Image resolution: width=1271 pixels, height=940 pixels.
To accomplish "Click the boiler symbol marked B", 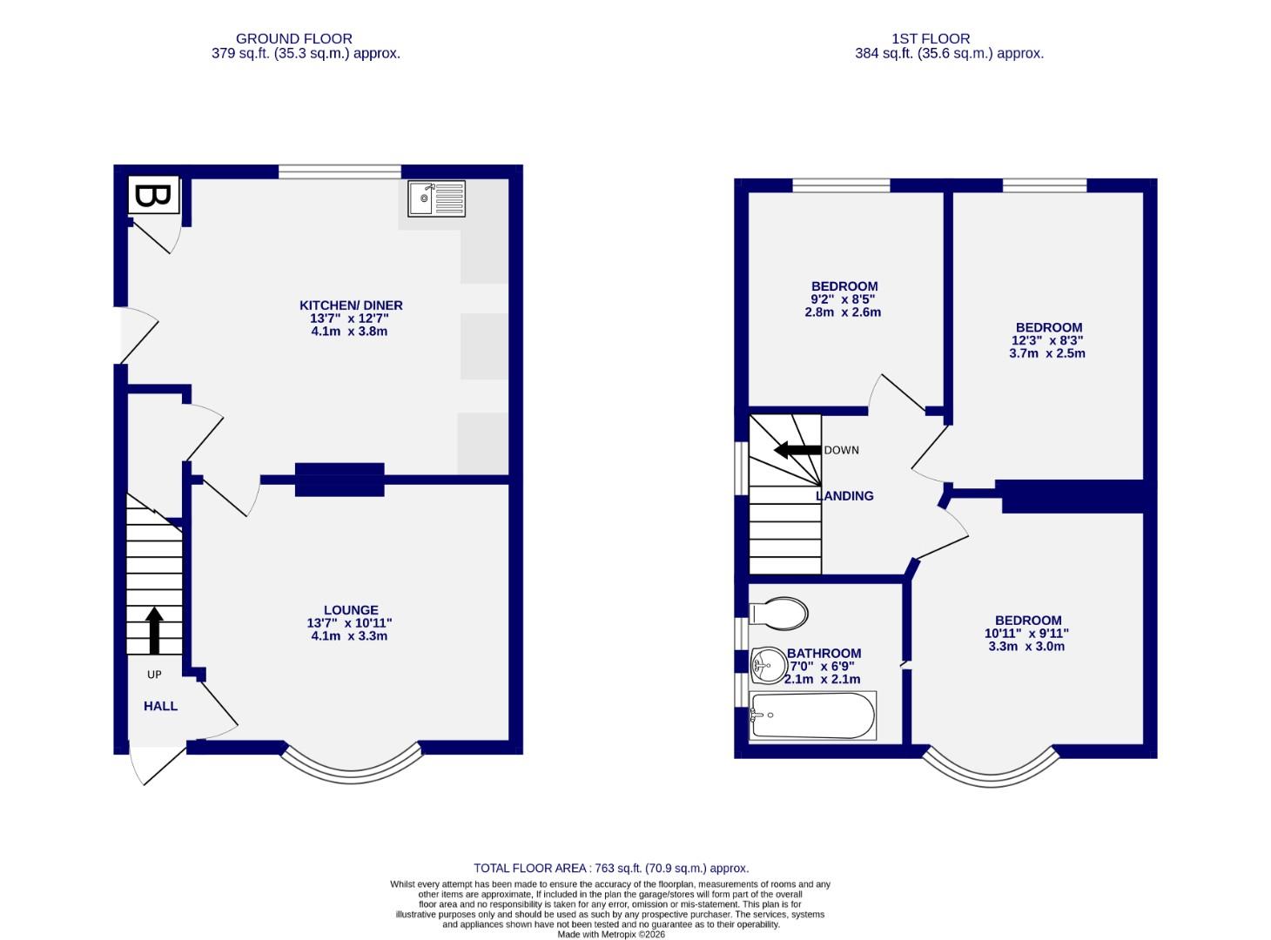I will [x=154, y=196].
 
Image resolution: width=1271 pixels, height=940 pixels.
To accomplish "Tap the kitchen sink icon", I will [x=436, y=198].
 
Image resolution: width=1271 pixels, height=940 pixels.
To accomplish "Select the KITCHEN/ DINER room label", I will [x=351, y=305].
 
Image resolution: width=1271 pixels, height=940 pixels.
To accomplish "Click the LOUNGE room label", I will [x=351, y=610].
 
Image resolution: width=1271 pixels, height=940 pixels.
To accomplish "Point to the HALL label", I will [x=160, y=706].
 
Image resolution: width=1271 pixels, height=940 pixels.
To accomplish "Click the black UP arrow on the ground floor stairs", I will [x=155, y=630].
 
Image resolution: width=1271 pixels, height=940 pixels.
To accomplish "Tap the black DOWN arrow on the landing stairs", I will [x=797, y=450].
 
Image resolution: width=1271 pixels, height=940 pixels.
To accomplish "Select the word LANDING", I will [x=844, y=496].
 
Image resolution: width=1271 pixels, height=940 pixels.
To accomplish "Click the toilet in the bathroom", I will [x=779, y=613].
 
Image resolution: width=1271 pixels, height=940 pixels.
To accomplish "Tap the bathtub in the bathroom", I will [x=812, y=715].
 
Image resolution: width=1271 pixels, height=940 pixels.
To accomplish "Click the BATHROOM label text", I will [x=824, y=654].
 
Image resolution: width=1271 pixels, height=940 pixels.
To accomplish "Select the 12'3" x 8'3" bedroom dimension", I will [x=1047, y=341].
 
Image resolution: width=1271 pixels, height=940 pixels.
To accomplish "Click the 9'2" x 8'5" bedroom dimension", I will [x=844, y=299].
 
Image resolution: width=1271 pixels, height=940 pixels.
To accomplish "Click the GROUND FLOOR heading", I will [x=294, y=39].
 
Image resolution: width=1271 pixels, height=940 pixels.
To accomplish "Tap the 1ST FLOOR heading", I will [x=931, y=39].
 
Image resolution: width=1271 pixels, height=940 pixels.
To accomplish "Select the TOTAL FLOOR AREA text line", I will [x=611, y=868].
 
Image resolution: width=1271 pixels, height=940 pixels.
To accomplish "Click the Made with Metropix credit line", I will [x=610, y=934].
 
